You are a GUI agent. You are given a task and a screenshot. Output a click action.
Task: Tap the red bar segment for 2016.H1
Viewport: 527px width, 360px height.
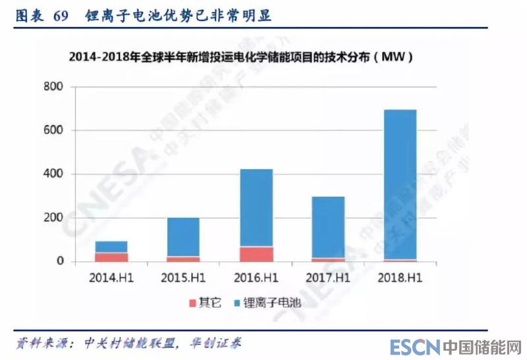(256, 254)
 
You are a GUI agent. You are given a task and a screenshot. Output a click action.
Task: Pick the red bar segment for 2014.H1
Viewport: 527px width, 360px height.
(111, 257)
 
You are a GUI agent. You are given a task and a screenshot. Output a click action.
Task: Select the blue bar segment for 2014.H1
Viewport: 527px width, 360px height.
(111, 247)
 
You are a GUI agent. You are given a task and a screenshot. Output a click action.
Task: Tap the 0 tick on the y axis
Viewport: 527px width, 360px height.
(59, 262)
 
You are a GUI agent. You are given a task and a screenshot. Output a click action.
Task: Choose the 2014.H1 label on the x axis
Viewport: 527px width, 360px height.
(111, 278)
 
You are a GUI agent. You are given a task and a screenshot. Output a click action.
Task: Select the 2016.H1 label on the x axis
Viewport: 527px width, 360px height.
(256, 278)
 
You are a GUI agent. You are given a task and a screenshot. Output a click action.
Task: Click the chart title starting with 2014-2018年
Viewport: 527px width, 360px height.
(241, 57)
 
